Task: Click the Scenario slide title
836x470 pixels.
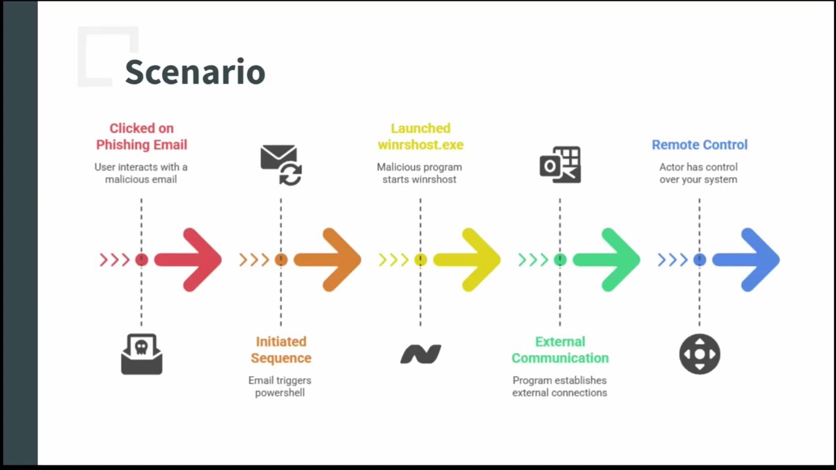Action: (x=195, y=72)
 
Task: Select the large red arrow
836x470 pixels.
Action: (x=189, y=260)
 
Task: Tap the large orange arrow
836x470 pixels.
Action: (x=329, y=260)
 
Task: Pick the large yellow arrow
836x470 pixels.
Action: (x=468, y=260)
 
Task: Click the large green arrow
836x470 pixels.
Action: (x=607, y=260)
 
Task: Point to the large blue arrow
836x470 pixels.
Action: (x=747, y=260)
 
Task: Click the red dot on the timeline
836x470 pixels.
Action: (x=141, y=260)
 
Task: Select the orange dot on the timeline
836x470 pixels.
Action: (x=281, y=260)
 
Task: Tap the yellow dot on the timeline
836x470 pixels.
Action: (x=421, y=260)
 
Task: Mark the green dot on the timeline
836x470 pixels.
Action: (x=560, y=260)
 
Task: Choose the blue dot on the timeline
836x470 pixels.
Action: (x=699, y=260)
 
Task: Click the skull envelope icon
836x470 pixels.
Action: (x=141, y=354)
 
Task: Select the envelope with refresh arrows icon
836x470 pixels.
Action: (x=281, y=164)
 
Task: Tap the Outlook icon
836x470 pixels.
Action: (x=560, y=164)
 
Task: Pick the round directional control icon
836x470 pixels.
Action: (x=699, y=354)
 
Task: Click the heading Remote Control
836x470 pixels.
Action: (x=699, y=145)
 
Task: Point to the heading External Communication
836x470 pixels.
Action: (x=560, y=350)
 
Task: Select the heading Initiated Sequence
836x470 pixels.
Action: (x=281, y=350)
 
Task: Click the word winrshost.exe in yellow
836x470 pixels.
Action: (x=421, y=145)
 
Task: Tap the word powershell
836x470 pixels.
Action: (x=280, y=393)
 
